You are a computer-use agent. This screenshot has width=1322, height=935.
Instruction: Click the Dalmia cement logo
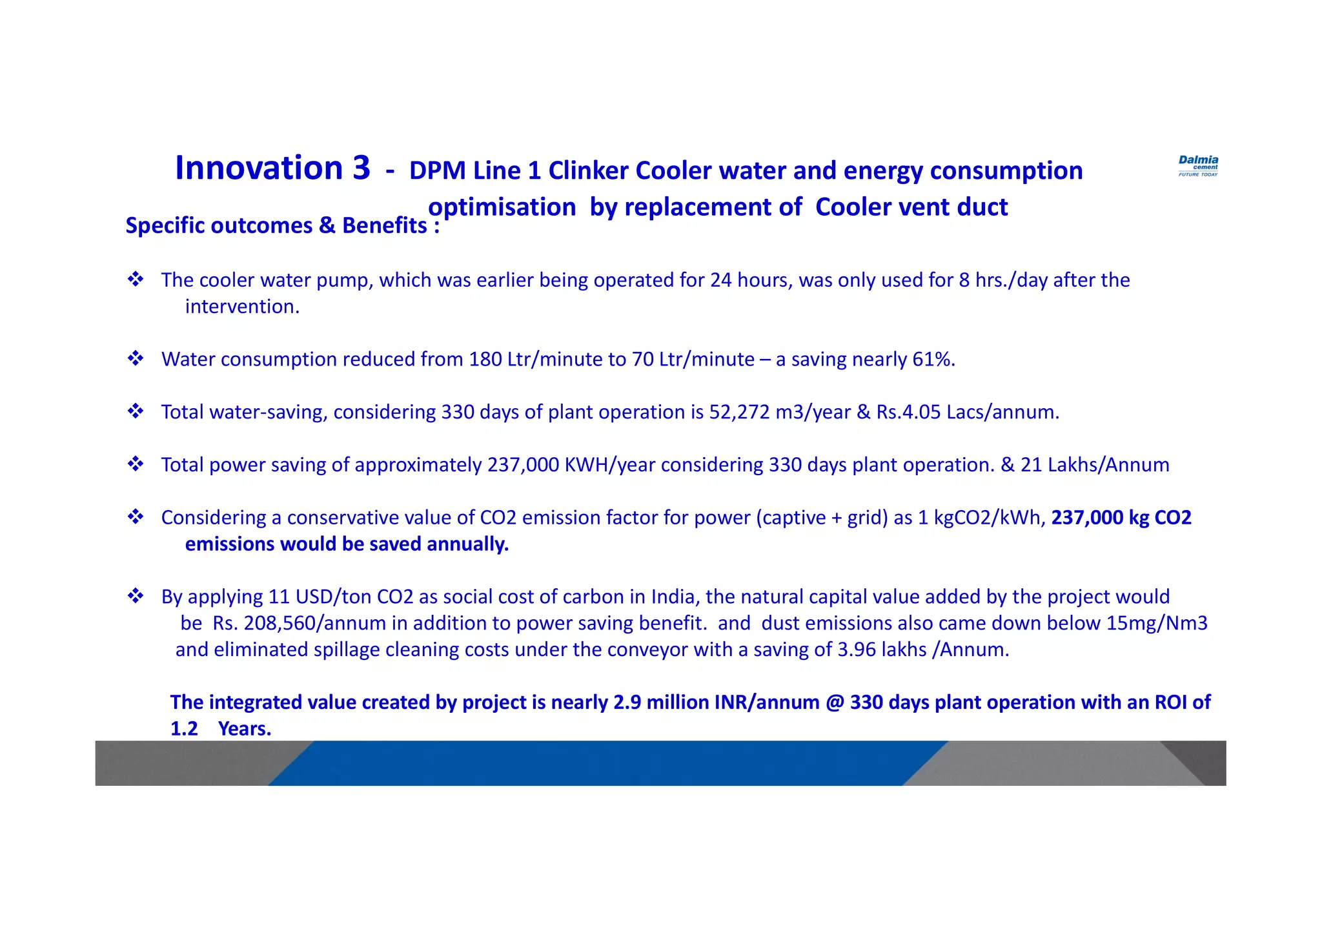pyautogui.click(x=1198, y=165)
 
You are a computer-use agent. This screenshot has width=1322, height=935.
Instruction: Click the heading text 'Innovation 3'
pyautogui.click(x=272, y=168)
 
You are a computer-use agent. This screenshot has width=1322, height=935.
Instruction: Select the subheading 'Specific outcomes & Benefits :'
pyautogui.click(x=282, y=225)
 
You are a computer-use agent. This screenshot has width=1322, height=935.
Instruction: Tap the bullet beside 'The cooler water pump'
pyautogui.click(x=136, y=280)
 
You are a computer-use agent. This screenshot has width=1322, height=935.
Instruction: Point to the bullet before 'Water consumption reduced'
pyautogui.click(x=136, y=358)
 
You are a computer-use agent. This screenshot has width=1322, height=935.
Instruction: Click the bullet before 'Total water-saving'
pyautogui.click(x=136, y=411)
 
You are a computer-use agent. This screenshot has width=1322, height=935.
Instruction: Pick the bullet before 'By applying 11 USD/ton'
pyautogui.click(x=136, y=596)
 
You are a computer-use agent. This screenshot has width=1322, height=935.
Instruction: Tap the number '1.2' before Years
pyautogui.click(x=184, y=729)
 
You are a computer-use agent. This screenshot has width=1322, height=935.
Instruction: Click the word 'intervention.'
pyautogui.click(x=242, y=307)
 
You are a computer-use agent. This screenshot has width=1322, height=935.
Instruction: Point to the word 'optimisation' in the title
pyautogui.click(x=502, y=208)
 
